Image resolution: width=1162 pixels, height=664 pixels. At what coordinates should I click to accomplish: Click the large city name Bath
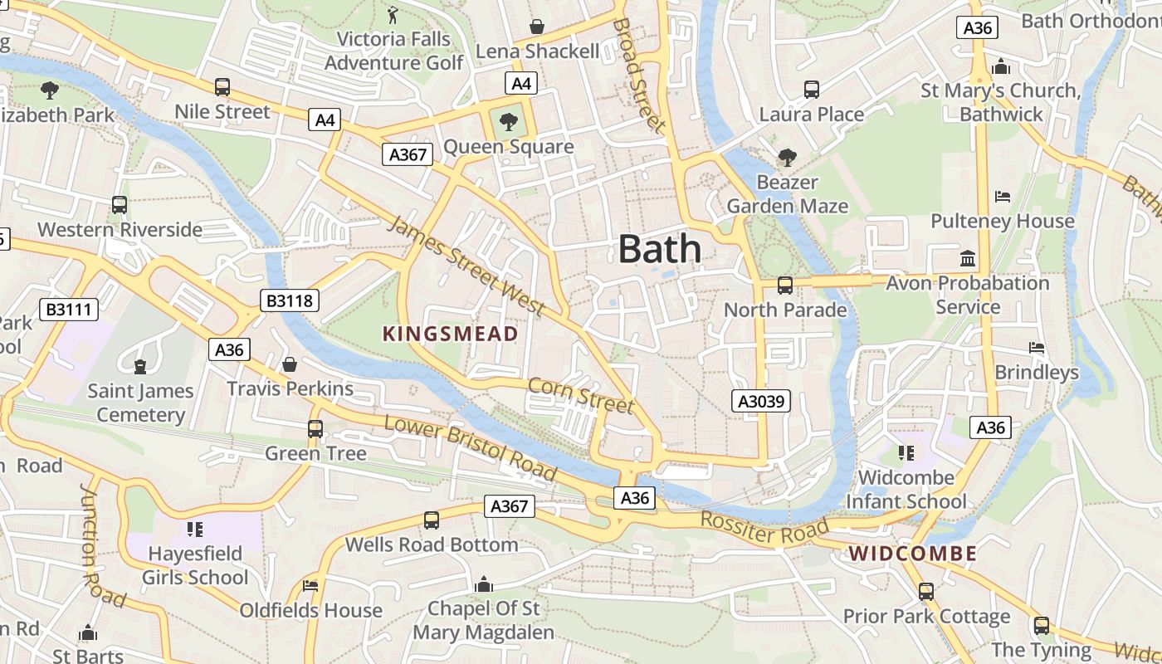tap(660, 249)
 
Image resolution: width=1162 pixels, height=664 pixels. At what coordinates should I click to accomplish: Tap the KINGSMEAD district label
tap(450, 334)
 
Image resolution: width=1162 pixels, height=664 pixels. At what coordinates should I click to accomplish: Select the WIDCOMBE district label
tap(912, 554)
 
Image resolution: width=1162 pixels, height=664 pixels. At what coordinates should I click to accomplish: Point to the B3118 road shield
tap(290, 300)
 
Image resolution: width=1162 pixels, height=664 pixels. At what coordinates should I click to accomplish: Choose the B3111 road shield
tap(71, 310)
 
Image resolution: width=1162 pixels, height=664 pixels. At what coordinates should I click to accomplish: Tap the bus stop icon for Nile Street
tap(222, 86)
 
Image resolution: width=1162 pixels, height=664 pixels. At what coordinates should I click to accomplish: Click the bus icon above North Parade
tap(784, 286)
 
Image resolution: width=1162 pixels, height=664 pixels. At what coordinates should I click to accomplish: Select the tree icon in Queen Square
tap(508, 123)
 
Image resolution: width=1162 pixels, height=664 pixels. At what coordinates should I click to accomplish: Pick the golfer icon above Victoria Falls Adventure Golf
tap(393, 14)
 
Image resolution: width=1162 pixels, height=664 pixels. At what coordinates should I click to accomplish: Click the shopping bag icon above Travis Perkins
tap(290, 364)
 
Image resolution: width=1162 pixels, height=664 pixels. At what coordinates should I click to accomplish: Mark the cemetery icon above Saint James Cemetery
tap(139, 365)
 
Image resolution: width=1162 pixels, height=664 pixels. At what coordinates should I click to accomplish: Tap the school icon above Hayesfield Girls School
tap(195, 529)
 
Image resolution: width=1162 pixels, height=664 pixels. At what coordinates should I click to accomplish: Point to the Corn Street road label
tap(581, 396)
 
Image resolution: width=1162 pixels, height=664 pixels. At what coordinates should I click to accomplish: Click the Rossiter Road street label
tap(764, 529)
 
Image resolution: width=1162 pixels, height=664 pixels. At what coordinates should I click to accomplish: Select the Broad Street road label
tap(639, 75)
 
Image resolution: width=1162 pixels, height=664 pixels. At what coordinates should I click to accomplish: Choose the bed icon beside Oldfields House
tap(310, 585)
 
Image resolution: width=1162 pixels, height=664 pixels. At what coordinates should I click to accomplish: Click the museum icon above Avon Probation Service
tap(967, 259)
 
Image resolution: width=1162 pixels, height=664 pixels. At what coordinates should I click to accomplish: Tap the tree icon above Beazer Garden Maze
tap(786, 157)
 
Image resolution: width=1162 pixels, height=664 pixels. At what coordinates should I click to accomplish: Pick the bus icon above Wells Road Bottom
tap(431, 520)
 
